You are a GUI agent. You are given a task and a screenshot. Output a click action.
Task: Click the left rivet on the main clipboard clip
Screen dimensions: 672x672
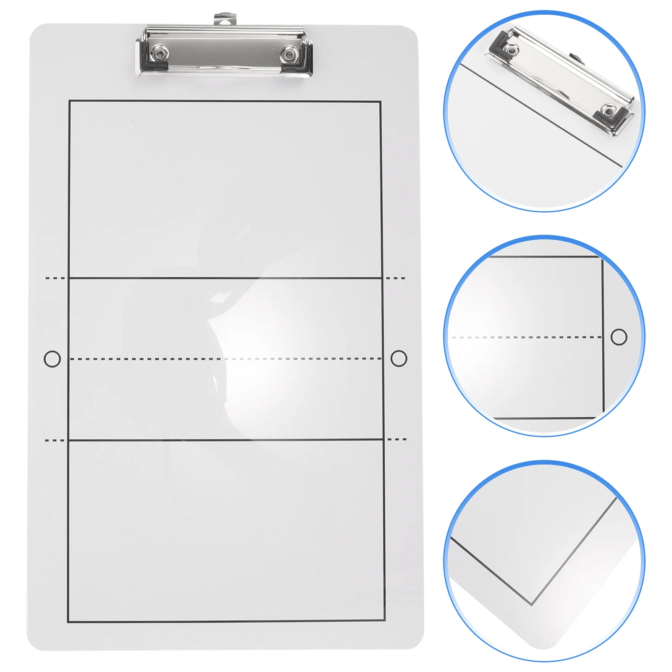tap(160, 53)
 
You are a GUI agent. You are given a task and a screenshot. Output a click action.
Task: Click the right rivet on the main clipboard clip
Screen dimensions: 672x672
tap(289, 54)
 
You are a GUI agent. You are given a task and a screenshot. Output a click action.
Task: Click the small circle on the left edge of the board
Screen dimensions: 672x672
tap(52, 359)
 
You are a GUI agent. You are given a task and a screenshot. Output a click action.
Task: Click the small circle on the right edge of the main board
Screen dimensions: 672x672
tap(399, 358)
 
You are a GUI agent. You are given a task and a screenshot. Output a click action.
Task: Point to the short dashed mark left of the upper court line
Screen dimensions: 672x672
tap(55, 278)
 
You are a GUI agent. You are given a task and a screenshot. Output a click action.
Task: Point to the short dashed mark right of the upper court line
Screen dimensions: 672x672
tap(396, 278)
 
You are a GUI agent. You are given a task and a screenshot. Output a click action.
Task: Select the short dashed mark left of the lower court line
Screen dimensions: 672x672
tap(55, 440)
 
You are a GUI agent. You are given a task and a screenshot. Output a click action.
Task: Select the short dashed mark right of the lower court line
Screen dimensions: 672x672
tap(397, 439)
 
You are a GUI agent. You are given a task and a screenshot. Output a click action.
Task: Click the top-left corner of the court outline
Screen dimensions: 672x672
tap(69, 101)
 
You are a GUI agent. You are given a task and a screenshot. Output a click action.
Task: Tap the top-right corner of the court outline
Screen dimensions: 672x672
tap(381, 102)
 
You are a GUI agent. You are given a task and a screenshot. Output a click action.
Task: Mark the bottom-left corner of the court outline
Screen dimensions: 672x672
tap(68, 622)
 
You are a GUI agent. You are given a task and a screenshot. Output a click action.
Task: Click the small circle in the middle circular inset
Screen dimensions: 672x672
tap(619, 337)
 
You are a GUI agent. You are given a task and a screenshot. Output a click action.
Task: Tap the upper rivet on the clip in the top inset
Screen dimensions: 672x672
tap(511, 50)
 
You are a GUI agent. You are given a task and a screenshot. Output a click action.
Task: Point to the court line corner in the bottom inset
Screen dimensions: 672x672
tap(532, 605)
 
